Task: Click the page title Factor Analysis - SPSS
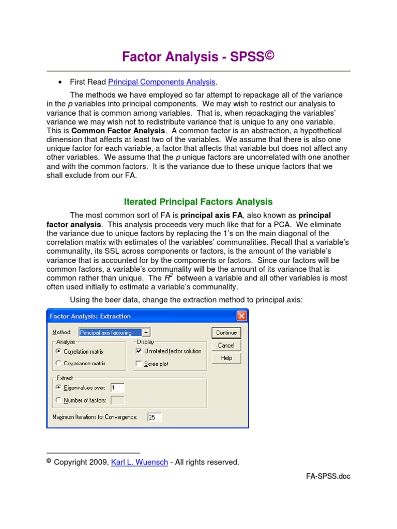coord(198,57)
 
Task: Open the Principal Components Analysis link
coord(161,82)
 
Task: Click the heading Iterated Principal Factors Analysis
coord(198,202)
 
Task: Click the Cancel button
coord(226,346)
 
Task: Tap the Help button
coord(226,358)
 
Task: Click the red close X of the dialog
coord(241,316)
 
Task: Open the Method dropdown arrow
coord(146,333)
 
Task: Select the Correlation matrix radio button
coord(58,351)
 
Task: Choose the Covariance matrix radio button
coord(58,363)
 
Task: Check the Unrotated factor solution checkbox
coord(138,351)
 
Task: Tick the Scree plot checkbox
coord(138,364)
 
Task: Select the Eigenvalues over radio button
coord(58,387)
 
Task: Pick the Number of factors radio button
coord(58,400)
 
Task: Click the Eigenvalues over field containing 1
coord(117,387)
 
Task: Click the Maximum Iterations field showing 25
coord(154,417)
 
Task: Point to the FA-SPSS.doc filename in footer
coord(328,476)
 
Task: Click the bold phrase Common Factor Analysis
coord(118,131)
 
